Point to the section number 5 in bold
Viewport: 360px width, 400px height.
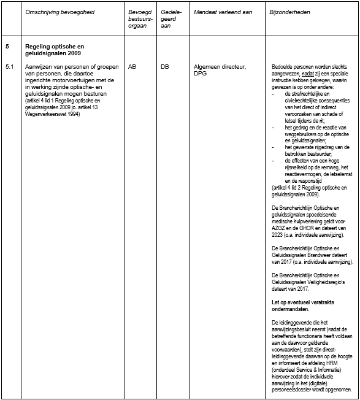pos(7,47)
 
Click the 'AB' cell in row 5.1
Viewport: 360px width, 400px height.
pos(132,66)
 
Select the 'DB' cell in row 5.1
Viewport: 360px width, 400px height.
pos(164,66)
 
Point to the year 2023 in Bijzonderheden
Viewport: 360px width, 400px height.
pos(278,235)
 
